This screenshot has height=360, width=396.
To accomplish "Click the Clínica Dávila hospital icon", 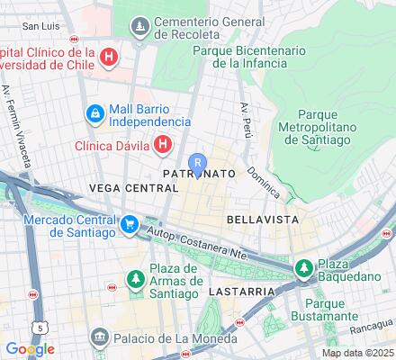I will [x=163, y=143].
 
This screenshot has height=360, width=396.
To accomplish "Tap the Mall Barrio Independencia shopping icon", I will [x=94, y=113].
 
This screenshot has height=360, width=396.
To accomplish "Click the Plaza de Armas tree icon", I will [x=135, y=281].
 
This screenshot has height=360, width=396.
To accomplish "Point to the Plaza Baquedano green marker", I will [x=304, y=268].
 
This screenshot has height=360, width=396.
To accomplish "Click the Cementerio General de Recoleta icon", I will [x=140, y=27].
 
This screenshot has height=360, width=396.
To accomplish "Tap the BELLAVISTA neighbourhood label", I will [x=256, y=219].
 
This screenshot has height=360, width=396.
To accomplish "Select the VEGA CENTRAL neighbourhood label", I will [x=134, y=188].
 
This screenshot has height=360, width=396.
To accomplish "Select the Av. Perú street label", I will [x=244, y=119].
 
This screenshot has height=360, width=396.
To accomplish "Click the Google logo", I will [x=30, y=348].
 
